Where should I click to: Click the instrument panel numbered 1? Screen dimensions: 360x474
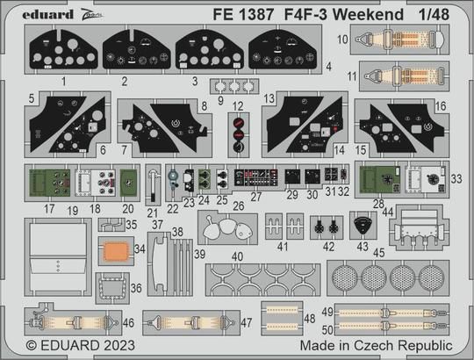(60, 51)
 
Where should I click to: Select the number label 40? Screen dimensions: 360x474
(236, 256)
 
